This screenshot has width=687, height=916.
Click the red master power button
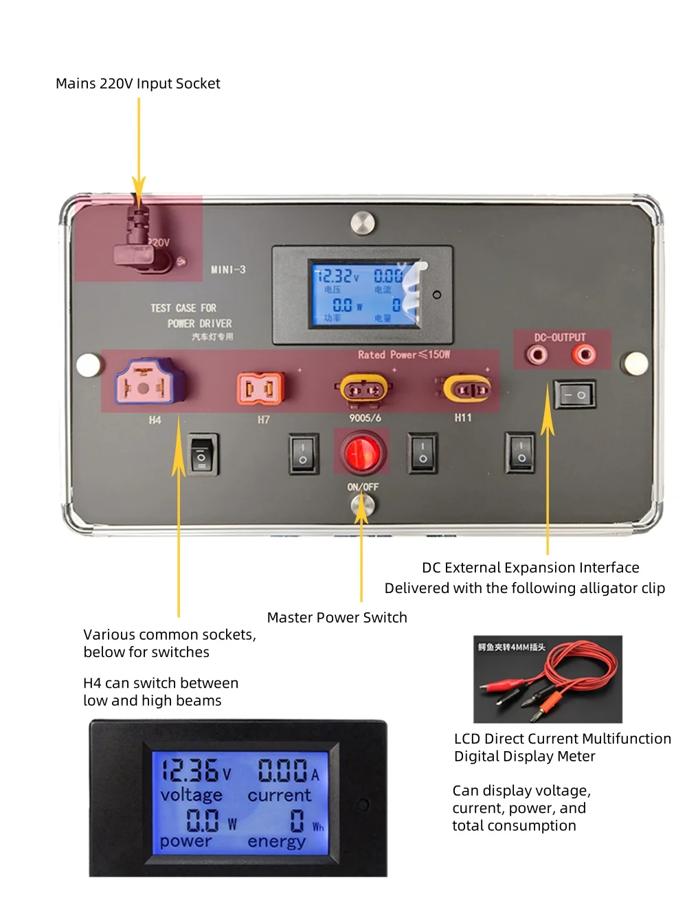pos(361,453)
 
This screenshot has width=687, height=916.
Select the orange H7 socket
pos(260,388)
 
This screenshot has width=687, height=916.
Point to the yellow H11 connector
pos(466,390)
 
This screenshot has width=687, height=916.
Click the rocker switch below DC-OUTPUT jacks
pos(574,395)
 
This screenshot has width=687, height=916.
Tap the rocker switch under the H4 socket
pos(203,454)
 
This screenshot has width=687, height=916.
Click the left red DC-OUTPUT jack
pos(537,355)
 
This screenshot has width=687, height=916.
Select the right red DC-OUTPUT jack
pos(585,355)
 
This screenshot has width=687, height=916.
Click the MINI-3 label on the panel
pos(228,270)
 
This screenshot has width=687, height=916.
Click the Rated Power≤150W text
pos(403,355)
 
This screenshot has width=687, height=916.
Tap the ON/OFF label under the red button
pos(363,487)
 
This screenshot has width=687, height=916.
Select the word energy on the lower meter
pos(276,841)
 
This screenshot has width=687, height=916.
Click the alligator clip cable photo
pos(548,679)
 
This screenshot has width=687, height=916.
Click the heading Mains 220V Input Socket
pos(138,84)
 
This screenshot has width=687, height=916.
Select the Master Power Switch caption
pos(337,617)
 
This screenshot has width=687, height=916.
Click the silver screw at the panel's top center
pos(363,223)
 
